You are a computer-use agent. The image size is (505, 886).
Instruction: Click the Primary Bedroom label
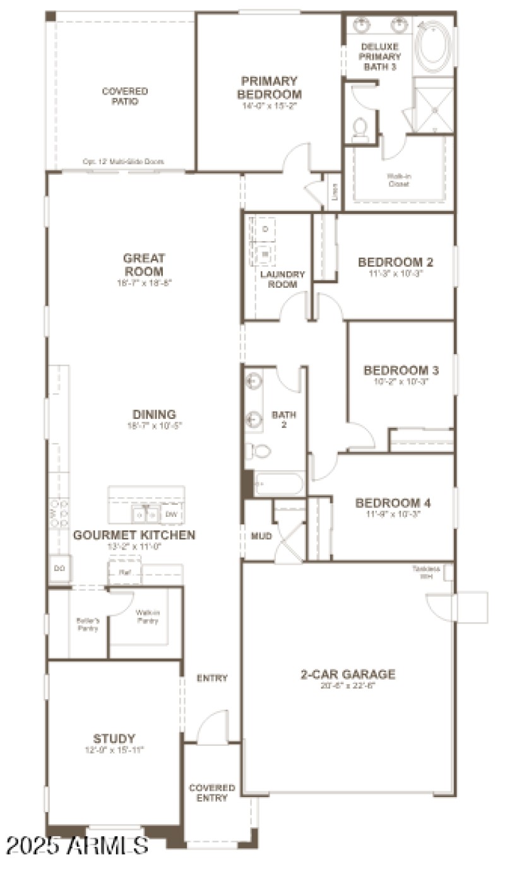(269, 88)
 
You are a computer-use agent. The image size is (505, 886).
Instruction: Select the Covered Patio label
(125, 96)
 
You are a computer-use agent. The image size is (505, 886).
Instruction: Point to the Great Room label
(144, 264)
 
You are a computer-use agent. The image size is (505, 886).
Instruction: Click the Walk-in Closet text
(398, 180)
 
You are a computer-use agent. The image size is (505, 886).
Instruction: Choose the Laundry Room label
(283, 279)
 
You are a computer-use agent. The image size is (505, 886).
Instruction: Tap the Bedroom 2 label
(396, 262)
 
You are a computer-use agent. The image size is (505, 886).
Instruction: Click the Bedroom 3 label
(401, 370)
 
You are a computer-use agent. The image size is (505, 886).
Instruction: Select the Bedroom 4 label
(393, 503)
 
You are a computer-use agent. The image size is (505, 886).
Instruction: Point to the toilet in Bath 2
(258, 451)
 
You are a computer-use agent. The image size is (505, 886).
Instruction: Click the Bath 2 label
(284, 420)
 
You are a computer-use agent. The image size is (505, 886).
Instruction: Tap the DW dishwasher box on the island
(171, 515)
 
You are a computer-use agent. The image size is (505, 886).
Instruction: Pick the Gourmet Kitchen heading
(134, 535)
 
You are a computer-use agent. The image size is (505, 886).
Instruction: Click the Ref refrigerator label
(125, 573)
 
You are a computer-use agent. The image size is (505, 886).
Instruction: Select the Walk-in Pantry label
(146, 616)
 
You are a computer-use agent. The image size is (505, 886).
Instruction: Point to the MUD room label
(261, 536)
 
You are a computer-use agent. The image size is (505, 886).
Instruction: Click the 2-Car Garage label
(348, 674)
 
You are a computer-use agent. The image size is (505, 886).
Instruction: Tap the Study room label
(114, 738)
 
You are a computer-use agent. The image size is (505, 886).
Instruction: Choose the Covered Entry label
(212, 793)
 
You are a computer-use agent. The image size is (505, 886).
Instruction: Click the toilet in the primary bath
(360, 128)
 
